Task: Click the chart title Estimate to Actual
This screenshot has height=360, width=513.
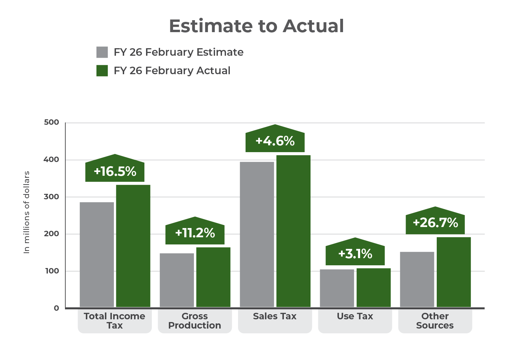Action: [x=256, y=26]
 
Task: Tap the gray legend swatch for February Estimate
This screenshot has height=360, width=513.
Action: [x=102, y=52]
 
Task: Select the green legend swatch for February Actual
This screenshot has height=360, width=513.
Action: [x=102, y=71]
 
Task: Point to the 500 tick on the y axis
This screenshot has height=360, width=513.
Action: [x=52, y=122]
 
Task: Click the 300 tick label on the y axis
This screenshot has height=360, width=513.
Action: [x=52, y=197]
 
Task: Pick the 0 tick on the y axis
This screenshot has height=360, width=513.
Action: [x=56, y=308]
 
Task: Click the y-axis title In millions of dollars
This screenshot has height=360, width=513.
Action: [x=27, y=212]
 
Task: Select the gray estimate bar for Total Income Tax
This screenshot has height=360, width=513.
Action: [x=97, y=254]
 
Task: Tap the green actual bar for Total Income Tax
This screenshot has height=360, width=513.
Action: [x=133, y=246]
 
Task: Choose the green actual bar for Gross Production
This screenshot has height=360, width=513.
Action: [x=213, y=277]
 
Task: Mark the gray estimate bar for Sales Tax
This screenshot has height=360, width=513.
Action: [x=257, y=234]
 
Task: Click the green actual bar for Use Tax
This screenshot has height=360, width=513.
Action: [x=373, y=287]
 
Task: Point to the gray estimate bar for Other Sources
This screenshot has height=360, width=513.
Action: [x=417, y=279]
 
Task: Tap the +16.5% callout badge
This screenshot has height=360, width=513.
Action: [x=115, y=171]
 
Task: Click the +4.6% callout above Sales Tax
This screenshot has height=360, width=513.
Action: [x=275, y=141]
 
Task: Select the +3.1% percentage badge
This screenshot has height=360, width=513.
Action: [x=355, y=254]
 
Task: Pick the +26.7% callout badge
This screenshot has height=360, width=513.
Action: [x=435, y=223]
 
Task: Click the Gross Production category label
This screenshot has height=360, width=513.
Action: [x=195, y=321]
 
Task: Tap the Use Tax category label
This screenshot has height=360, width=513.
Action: [x=355, y=316]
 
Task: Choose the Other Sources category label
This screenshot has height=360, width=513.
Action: [x=435, y=321]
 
